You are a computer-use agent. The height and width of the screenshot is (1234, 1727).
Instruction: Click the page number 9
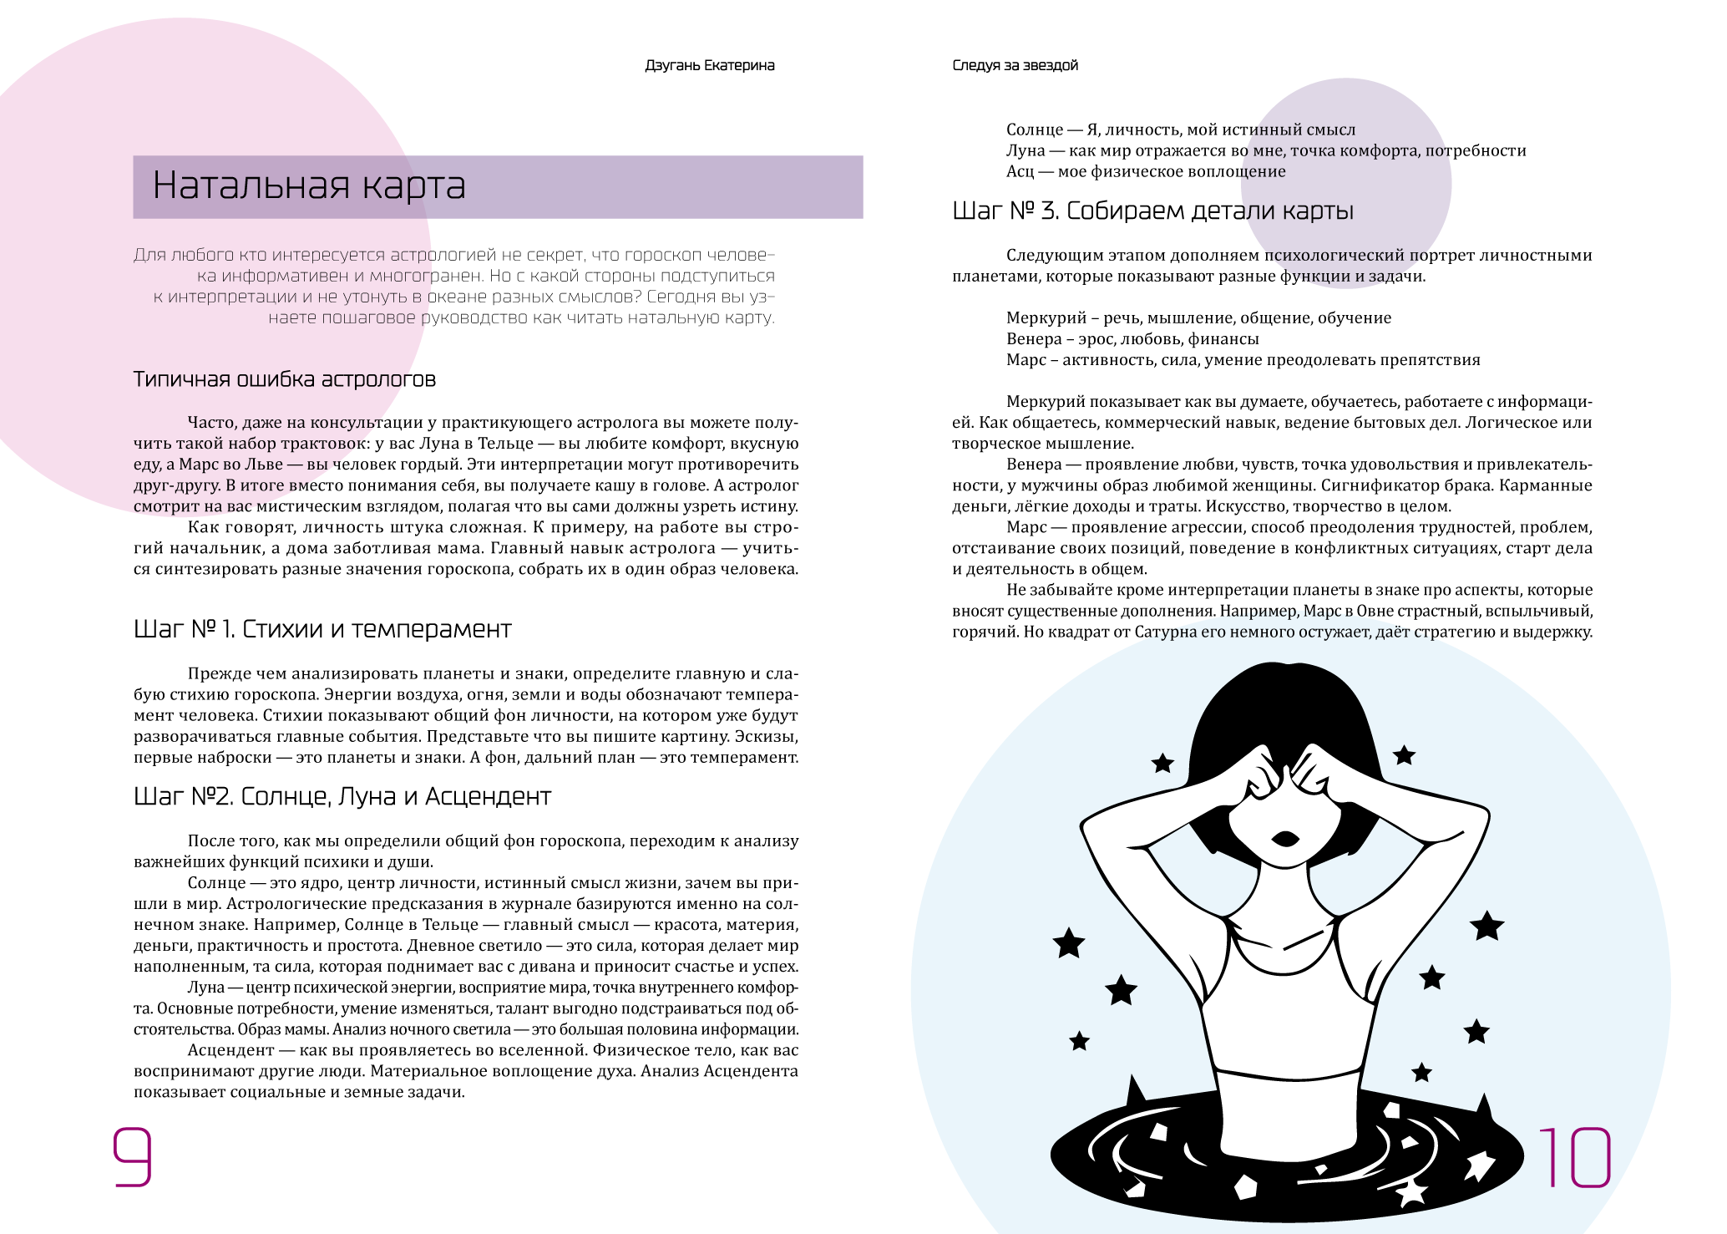(132, 1156)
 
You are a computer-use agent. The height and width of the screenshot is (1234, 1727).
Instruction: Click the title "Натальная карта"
(308, 185)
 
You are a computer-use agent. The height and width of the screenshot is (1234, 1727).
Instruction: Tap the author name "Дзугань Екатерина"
(709, 65)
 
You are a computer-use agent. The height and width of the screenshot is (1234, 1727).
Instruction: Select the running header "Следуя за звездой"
(1015, 65)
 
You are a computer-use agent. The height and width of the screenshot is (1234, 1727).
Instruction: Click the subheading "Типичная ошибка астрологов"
(285, 379)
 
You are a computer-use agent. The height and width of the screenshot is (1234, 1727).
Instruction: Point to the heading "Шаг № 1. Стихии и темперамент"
(322, 629)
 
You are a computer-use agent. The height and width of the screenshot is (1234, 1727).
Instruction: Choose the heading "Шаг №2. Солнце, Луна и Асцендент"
(342, 796)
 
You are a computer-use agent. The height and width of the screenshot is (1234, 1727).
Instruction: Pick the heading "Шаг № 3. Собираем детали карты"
(1152, 211)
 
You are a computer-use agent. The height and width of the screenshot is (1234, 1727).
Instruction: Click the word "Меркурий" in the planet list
(1046, 318)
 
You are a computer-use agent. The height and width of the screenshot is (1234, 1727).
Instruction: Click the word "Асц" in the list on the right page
(1020, 172)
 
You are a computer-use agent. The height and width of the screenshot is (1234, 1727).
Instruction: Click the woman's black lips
(1284, 838)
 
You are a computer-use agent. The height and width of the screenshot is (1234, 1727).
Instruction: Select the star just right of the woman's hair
(1404, 755)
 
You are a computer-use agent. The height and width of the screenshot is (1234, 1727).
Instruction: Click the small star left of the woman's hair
(1162, 763)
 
